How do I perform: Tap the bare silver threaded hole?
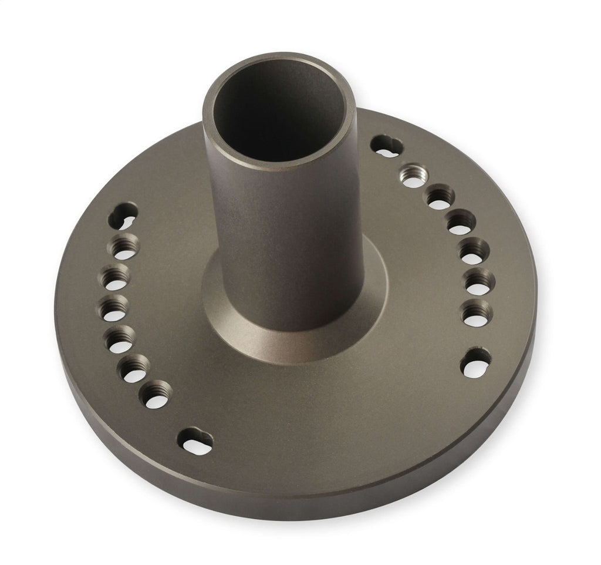click(413, 176)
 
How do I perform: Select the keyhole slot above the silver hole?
click(387, 145)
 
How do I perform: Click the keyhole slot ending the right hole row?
click(475, 362)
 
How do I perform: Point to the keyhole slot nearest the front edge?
click(196, 440)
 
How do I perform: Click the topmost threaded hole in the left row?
click(125, 247)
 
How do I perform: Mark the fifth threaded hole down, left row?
click(134, 368)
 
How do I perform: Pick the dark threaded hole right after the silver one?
click(439, 197)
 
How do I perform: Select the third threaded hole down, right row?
click(461, 223)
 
